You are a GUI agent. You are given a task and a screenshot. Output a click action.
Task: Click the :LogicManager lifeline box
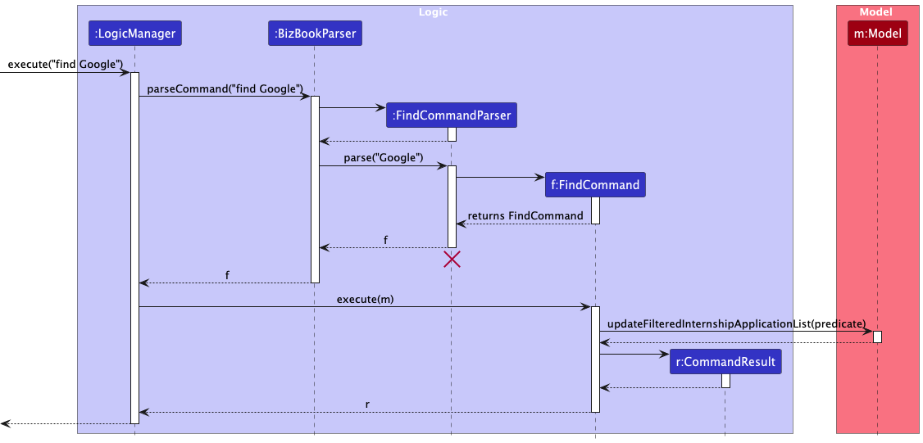(x=134, y=34)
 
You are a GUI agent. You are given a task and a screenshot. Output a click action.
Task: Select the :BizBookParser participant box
(x=314, y=34)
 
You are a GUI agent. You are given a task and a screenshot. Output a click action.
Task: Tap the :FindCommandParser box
(x=452, y=115)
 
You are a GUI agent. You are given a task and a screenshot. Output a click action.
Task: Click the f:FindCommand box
(x=595, y=185)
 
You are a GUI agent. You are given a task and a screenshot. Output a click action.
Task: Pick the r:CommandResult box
(x=725, y=362)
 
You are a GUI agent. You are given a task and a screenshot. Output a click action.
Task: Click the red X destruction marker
(x=452, y=260)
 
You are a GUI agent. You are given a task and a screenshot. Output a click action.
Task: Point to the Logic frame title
(x=433, y=12)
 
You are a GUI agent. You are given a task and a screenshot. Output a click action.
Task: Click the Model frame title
(x=876, y=12)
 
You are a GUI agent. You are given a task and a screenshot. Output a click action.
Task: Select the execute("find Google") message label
(x=66, y=64)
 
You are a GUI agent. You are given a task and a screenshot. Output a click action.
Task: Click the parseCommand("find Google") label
(x=225, y=88)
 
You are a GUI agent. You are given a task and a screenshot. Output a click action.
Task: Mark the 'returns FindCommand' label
(x=525, y=215)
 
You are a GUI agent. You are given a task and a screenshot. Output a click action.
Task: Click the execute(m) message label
(x=365, y=299)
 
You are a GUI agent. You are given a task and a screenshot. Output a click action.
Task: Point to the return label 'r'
(x=366, y=404)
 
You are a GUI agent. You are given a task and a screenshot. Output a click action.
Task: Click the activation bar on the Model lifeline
(x=877, y=337)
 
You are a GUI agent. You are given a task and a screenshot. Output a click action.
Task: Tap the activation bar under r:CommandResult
(x=725, y=381)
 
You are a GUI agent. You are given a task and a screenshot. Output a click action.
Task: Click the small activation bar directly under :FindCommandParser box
(x=452, y=135)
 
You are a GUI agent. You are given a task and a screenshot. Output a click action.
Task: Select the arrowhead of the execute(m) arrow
(x=586, y=308)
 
